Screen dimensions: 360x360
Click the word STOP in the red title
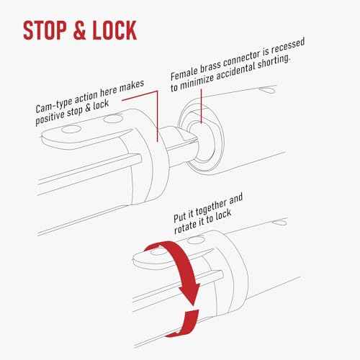(45, 30)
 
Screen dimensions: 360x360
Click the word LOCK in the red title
(114, 30)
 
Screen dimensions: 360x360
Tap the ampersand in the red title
(79, 30)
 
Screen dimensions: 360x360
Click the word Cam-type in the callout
(54, 104)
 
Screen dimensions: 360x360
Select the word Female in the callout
(184, 73)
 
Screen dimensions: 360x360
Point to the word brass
(210, 66)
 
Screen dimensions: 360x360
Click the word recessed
(288, 47)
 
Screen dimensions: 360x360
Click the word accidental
(235, 72)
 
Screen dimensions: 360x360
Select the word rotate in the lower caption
(185, 228)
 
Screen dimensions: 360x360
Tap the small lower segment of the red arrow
(186, 323)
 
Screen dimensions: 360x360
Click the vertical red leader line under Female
(202, 107)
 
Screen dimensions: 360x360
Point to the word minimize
(197, 83)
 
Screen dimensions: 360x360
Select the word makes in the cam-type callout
(132, 86)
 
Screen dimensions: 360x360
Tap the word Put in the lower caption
(179, 217)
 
